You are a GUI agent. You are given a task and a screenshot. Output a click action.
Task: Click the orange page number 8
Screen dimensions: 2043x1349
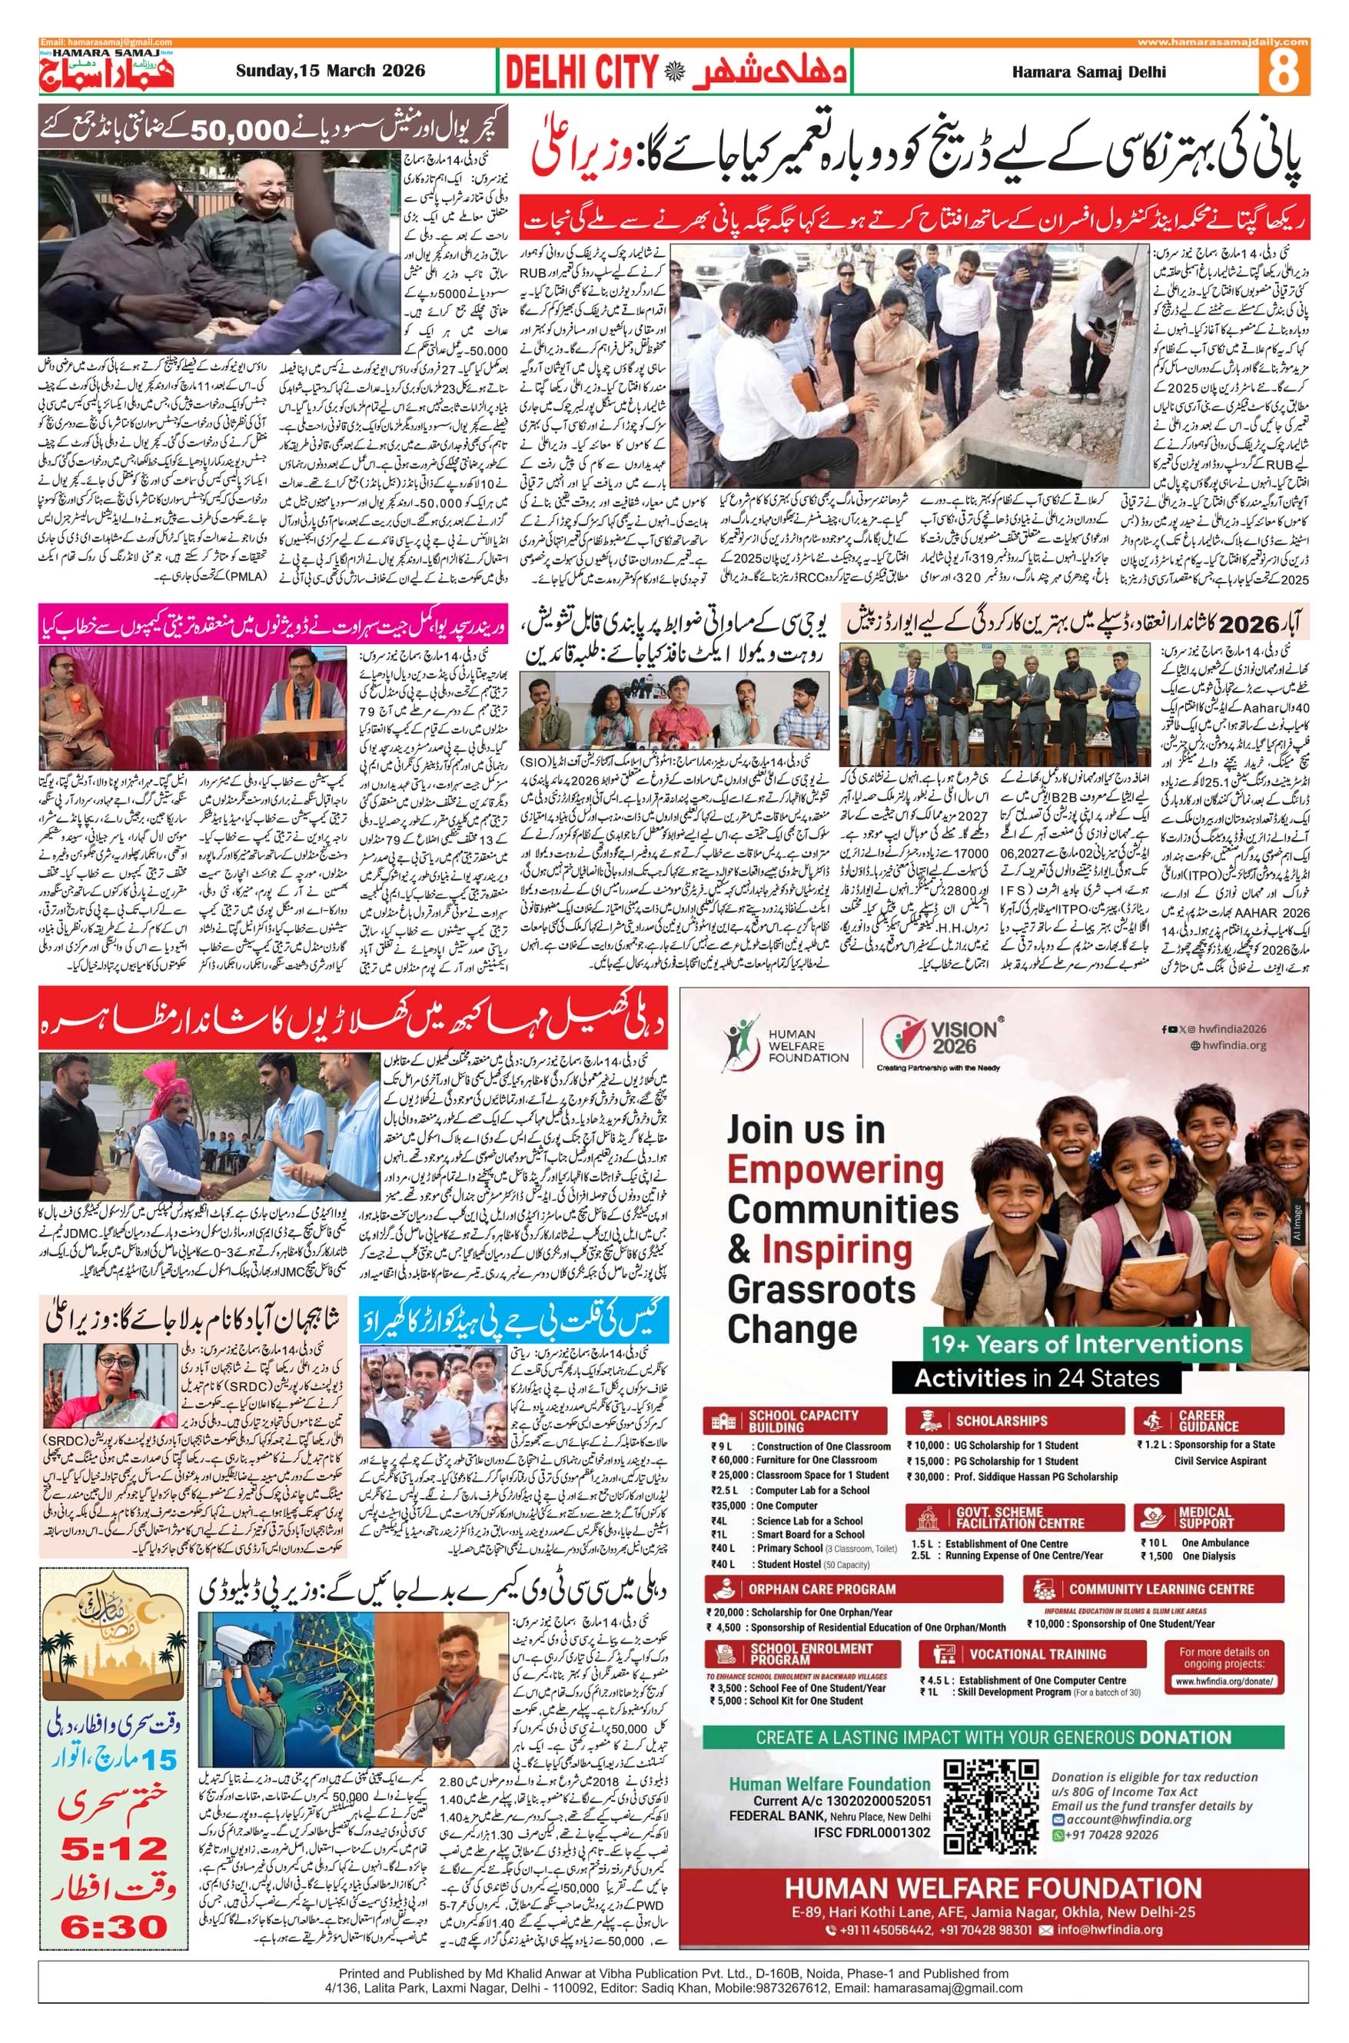tap(1283, 71)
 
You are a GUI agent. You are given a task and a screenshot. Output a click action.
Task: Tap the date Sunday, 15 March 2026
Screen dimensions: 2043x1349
tap(331, 71)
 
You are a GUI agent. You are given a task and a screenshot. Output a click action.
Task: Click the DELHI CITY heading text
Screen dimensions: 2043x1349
tap(582, 72)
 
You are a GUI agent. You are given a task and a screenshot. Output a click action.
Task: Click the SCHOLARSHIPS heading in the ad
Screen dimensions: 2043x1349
tap(1001, 1421)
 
